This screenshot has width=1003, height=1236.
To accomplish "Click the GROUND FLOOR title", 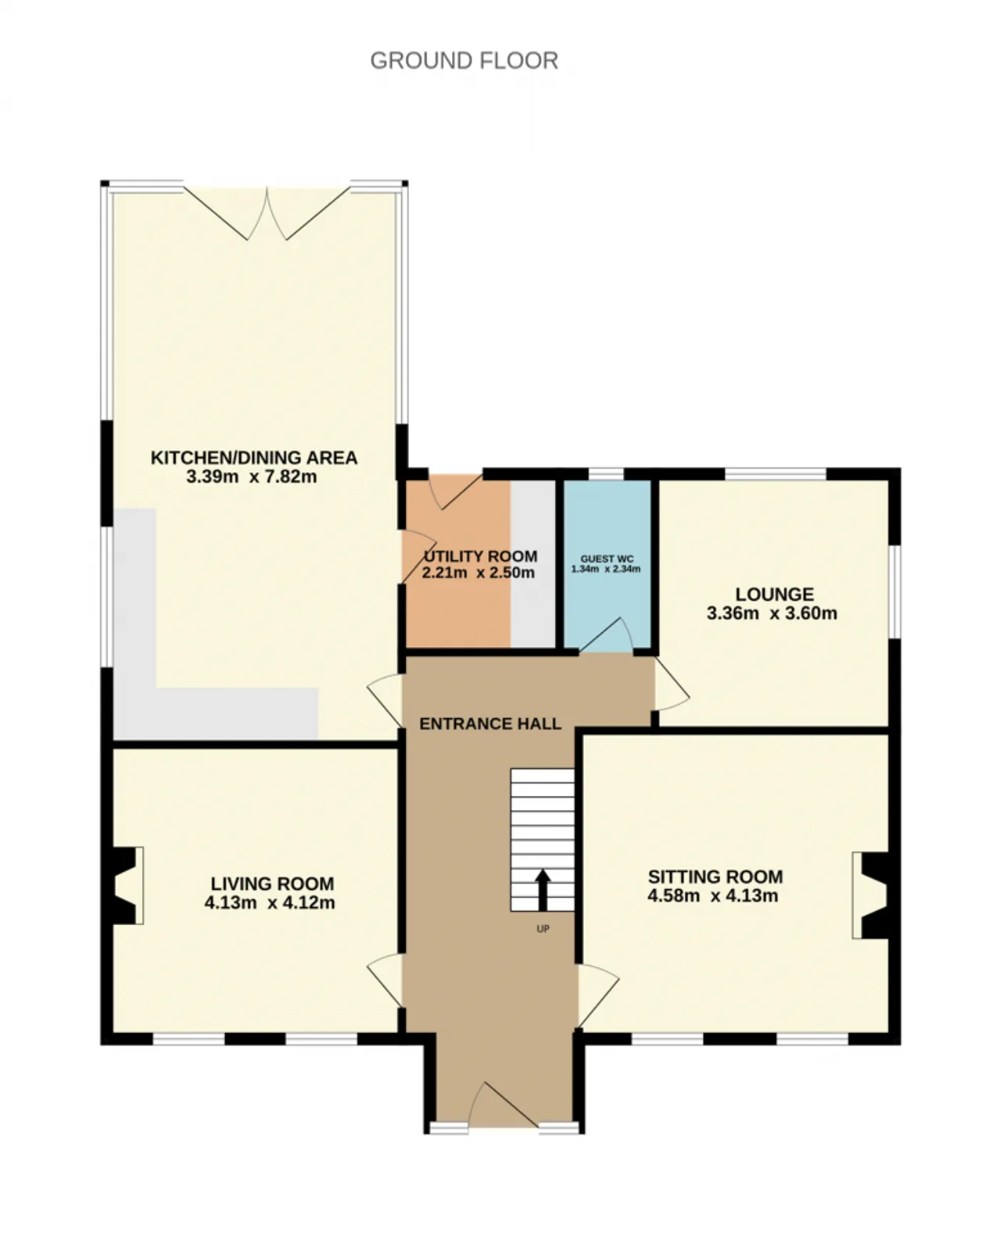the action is [x=464, y=60].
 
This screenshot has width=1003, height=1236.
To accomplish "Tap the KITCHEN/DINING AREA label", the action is [x=254, y=457].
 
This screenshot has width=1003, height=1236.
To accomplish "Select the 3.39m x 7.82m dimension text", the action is [x=252, y=476].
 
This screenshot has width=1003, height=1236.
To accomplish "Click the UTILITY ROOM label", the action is [x=480, y=556].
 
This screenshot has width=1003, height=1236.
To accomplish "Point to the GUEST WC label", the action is [x=607, y=558].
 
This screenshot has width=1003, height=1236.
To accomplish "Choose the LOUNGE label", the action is [x=774, y=594].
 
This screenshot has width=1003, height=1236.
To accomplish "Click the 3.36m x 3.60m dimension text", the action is [x=771, y=613].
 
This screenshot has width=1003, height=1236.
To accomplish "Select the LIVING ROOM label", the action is [x=272, y=884].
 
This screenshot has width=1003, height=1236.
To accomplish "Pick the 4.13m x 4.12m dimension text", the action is [x=270, y=902].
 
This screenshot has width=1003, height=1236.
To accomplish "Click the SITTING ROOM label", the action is [x=715, y=876].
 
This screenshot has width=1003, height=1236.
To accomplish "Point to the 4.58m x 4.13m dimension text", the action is [x=712, y=895].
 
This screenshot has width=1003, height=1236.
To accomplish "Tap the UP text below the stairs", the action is [x=543, y=928].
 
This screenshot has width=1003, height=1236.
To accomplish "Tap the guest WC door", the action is [x=606, y=635].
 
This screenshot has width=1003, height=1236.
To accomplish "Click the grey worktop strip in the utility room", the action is [x=533, y=564].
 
